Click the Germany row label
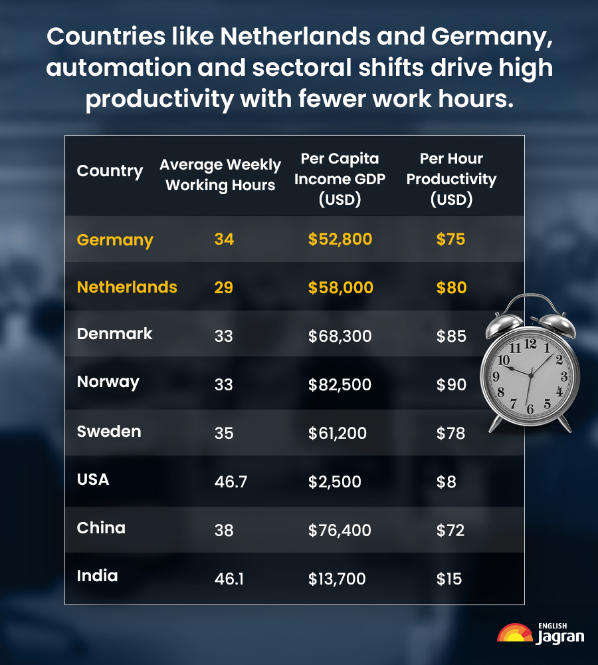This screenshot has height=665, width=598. pyautogui.click(x=115, y=240)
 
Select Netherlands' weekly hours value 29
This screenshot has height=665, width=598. pyautogui.click(x=224, y=288)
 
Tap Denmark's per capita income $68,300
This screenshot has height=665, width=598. pyautogui.click(x=340, y=336)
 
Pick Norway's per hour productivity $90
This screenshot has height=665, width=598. pyautogui.click(x=451, y=384)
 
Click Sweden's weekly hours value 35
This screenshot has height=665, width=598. pyautogui.click(x=224, y=433)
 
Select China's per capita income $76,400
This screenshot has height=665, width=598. pyautogui.click(x=340, y=530)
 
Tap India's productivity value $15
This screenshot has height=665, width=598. pyautogui.click(x=448, y=579)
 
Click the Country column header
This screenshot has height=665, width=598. pyautogui.click(x=110, y=171)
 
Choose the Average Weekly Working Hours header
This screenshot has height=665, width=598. pyautogui.click(x=220, y=175)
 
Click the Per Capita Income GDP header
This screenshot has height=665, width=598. pyautogui.click(x=340, y=179)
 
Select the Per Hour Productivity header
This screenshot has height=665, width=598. pyautogui.click(x=451, y=179)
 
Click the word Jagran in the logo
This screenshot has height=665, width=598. pyautogui.click(x=560, y=636)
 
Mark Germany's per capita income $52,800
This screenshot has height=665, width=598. pyautogui.click(x=340, y=240)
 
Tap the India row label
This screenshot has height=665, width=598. pyautogui.click(x=97, y=576)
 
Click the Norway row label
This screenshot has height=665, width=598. pyautogui.click(x=108, y=382)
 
